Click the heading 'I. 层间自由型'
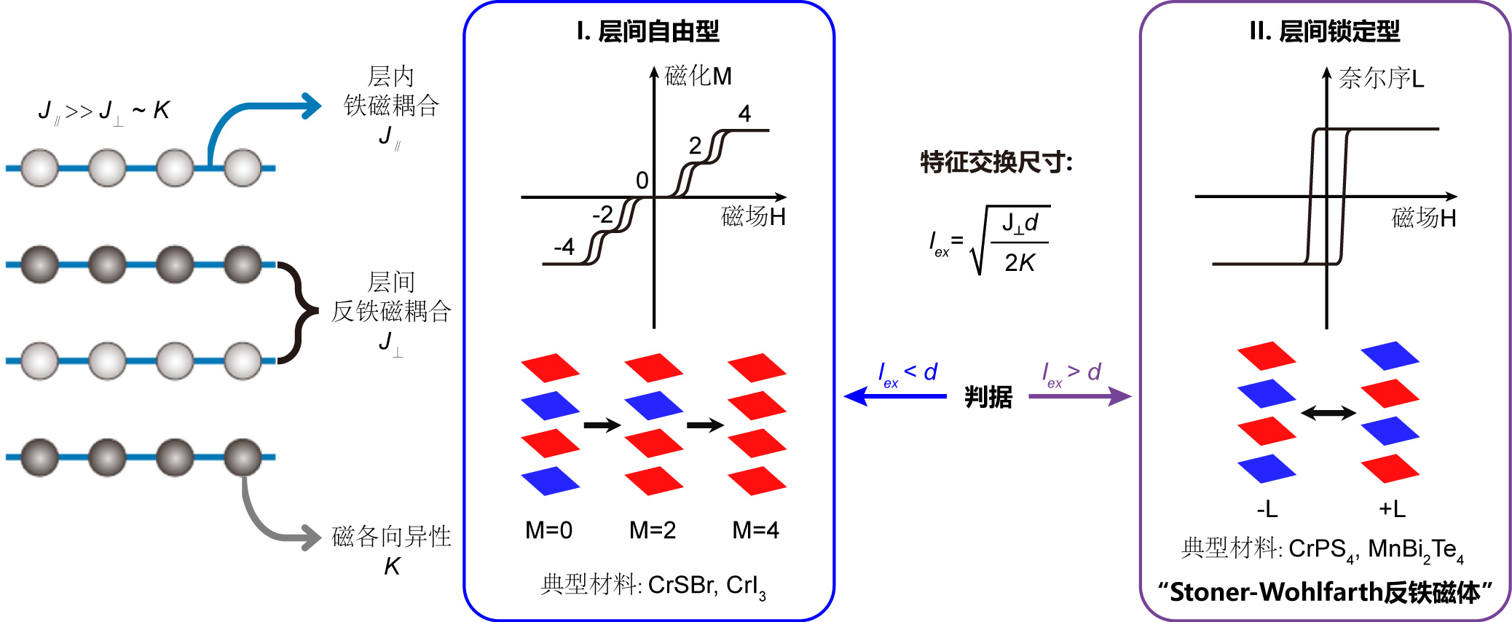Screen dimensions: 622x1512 pos(647,31)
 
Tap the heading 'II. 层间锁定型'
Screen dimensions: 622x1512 pos(1324,31)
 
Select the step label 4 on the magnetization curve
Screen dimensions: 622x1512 pos(744,114)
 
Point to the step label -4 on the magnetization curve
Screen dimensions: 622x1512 pos(563,247)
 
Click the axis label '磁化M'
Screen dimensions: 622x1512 pos(698,76)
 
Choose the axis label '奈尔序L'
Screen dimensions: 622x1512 pos(1381,78)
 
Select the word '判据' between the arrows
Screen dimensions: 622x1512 pos(988,397)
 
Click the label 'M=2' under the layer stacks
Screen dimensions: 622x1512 pos(653,530)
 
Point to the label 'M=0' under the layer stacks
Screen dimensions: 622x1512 pos(548,530)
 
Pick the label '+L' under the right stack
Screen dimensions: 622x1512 pos(1392,508)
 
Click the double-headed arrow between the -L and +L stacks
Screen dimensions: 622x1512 pos(1328,414)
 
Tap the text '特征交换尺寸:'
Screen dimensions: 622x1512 pos(996,162)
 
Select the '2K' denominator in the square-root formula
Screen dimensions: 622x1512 pos(1020,262)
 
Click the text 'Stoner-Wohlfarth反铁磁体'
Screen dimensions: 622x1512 pos(1325,592)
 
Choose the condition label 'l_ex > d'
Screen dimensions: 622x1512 pos(1071,374)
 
